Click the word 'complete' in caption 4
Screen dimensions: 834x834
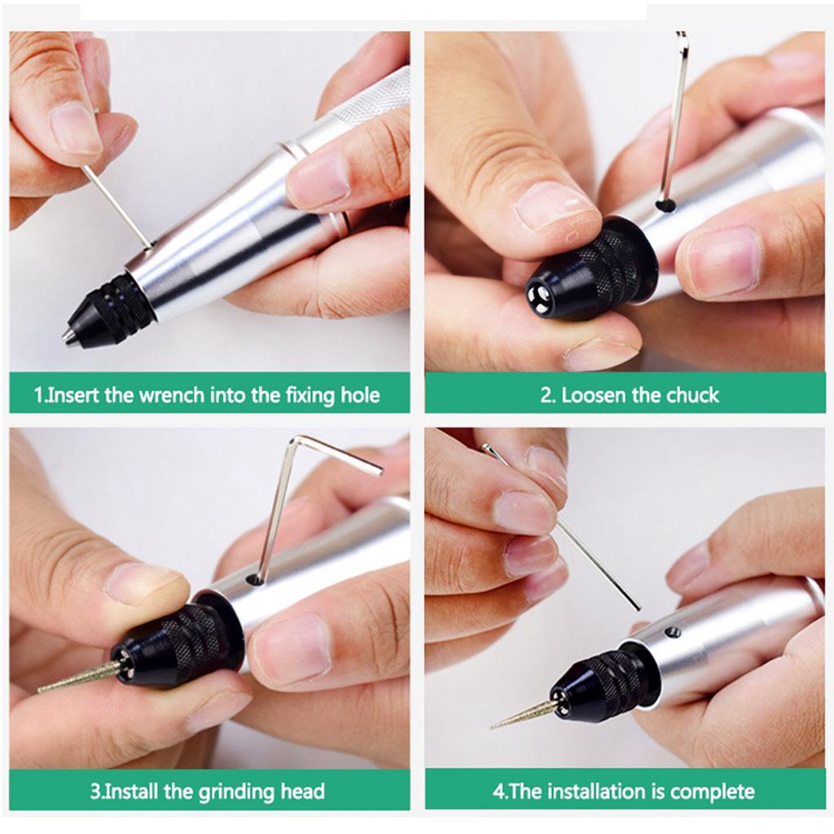713,791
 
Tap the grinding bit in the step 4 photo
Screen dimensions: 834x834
522,714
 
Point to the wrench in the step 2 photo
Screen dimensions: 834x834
674,114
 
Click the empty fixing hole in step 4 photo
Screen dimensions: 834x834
673,632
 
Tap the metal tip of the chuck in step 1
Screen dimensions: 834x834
68,335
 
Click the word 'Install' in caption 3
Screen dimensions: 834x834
138,791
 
